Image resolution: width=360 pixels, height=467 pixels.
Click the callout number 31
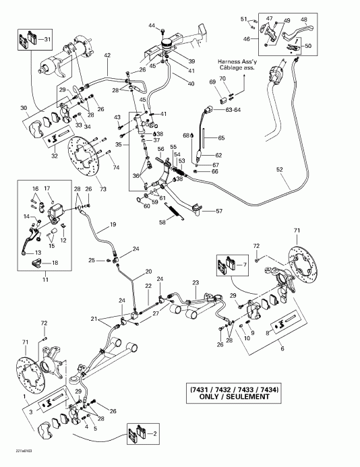(47, 40)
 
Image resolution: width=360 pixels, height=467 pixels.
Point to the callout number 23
(196, 283)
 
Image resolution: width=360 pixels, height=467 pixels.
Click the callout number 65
(220, 137)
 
